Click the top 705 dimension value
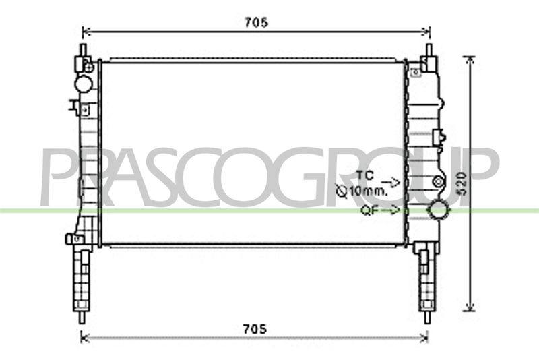pyautogui.click(x=256, y=22)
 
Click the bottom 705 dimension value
pyautogui.click(x=255, y=329)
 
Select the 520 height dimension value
pyautogui.click(x=462, y=184)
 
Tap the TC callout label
pyautogui.click(x=364, y=175)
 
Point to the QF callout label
pyautogui.click(x=369, y=210)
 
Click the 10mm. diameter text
pyautogui.click(x=368, y=191)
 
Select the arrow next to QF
pyautogui.click(x=391, y=210)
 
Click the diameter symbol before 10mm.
pyautogui.click(x=342, y=191)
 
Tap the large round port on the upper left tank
pyautogui.click(x=84, y=84)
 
